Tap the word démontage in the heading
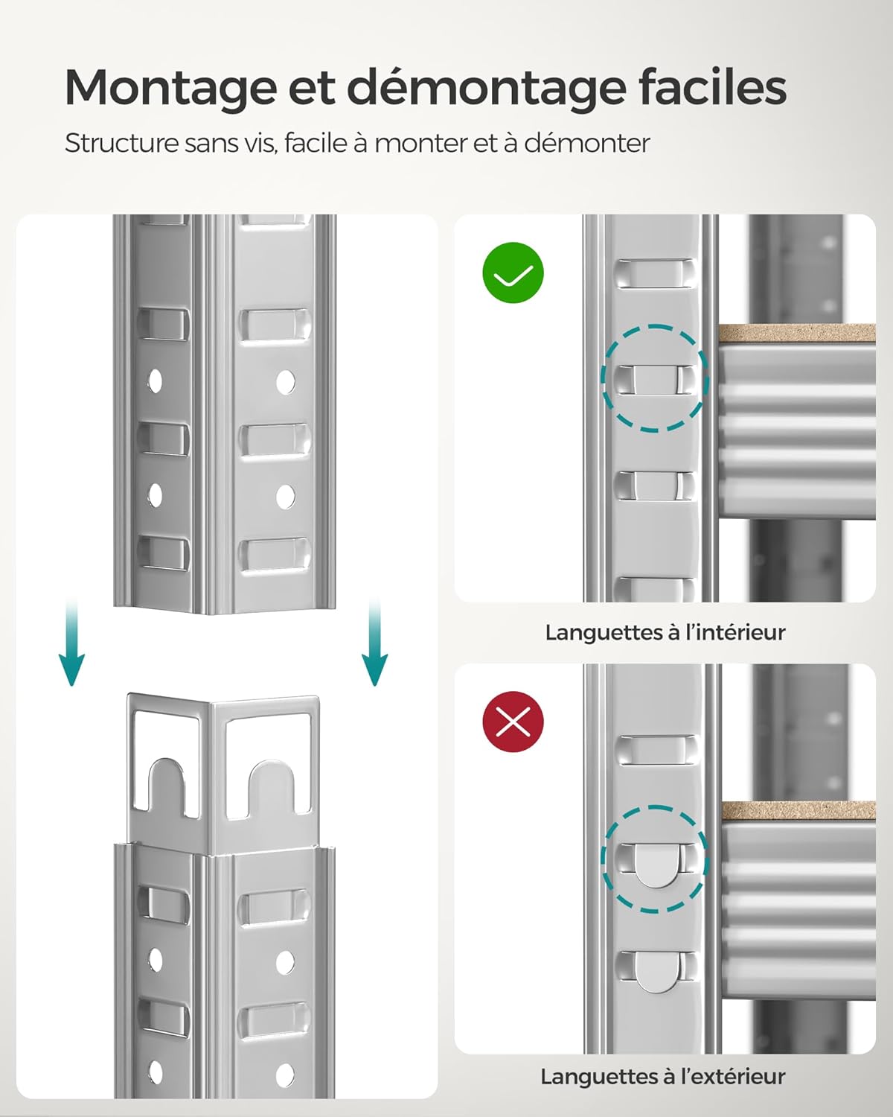pos(487,89)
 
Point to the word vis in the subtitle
pos(260,142)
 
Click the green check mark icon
pos(513,273)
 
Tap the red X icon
pos(513,722)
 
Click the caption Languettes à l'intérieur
pos(665,632)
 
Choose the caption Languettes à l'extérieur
pos(662,1076)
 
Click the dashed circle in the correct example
pos(654,378)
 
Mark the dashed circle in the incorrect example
pos(654,859)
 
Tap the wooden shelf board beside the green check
pos(796,334)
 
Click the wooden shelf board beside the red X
pos(798,812)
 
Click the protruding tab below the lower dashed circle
pos(655,972)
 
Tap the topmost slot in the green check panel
pos(654,273)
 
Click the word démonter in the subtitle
pos(587,142)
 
